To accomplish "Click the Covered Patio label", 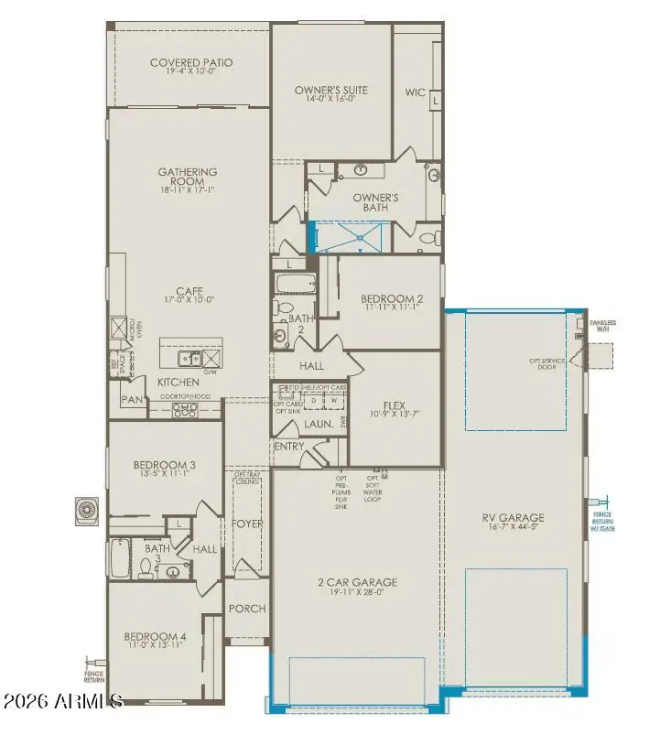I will (191, 63).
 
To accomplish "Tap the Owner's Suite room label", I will (330, 91).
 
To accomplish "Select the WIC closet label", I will (417, 92).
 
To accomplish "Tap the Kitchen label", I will (179, 381).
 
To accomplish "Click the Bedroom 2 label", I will (391, 299).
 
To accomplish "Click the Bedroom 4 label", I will (155, 637).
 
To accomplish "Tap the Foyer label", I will (247, 525).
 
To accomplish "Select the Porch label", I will (247, 609).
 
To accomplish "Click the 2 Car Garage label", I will (357, 582).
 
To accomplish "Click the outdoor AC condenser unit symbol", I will (88, 509).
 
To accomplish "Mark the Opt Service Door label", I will (546, 362).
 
